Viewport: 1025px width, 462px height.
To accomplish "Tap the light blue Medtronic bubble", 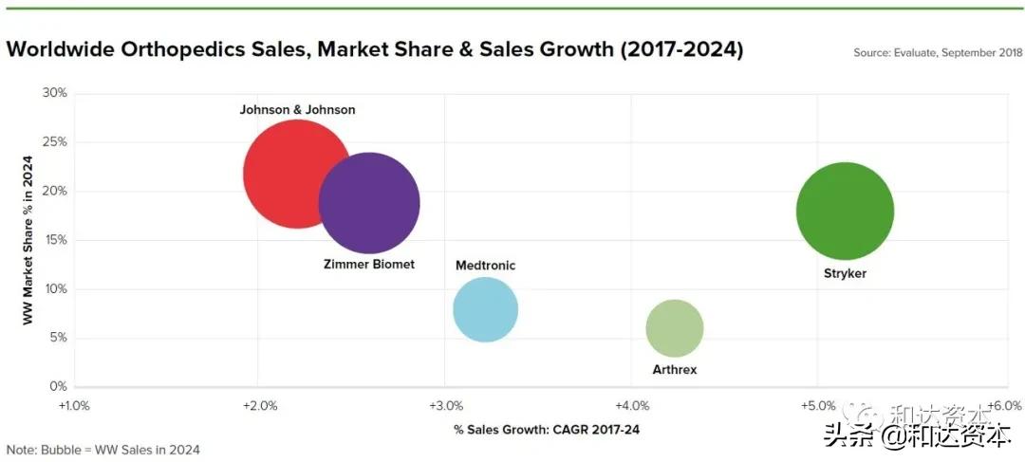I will click(x=485, y=309).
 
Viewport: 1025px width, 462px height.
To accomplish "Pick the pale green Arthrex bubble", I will click(x=674, y=328).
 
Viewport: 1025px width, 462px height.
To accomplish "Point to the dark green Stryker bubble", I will click(x=844, y=211).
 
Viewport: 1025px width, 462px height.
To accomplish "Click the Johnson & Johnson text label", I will click(x=297, y=110).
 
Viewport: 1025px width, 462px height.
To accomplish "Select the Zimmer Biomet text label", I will click(x=369, y=265).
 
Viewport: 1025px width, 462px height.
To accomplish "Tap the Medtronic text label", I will click(x=485, y=266).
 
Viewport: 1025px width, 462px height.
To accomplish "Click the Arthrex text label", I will click(x=674, y=369).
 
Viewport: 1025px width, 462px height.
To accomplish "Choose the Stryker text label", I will click(x=845, y=273).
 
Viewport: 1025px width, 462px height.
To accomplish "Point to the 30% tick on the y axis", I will click(x=55, y=93).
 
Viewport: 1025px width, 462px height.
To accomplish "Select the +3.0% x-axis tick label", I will click(x=445, y=406).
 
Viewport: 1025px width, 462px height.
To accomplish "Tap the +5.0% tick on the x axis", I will click(x=818, y=406).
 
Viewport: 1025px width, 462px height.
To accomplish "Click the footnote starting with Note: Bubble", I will click(x=102, y=450).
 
